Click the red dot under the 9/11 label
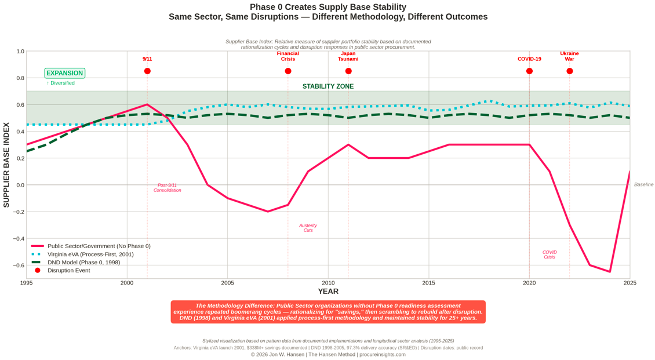coord(147,71)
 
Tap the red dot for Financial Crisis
coord(288,71)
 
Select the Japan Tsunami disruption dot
coord(348,71)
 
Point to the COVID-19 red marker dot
coord(529,71)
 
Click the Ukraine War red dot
coord(570,71)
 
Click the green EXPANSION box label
coord(65,73)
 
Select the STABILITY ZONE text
coord(328,87)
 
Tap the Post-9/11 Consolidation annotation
coord(168,188)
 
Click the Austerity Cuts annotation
coord(308,228)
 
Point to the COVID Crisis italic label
coord(550,254)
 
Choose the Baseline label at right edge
coord(643,185)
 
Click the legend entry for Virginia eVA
coord(90,254)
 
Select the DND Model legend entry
coord(84,263)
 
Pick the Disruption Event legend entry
coord(68,271)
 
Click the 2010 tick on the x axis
coord(328,283)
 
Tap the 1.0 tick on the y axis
coord(20,52)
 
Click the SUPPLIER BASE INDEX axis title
coord(6,165)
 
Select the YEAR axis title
coord(328,292)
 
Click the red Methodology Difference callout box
coord(328,312)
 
